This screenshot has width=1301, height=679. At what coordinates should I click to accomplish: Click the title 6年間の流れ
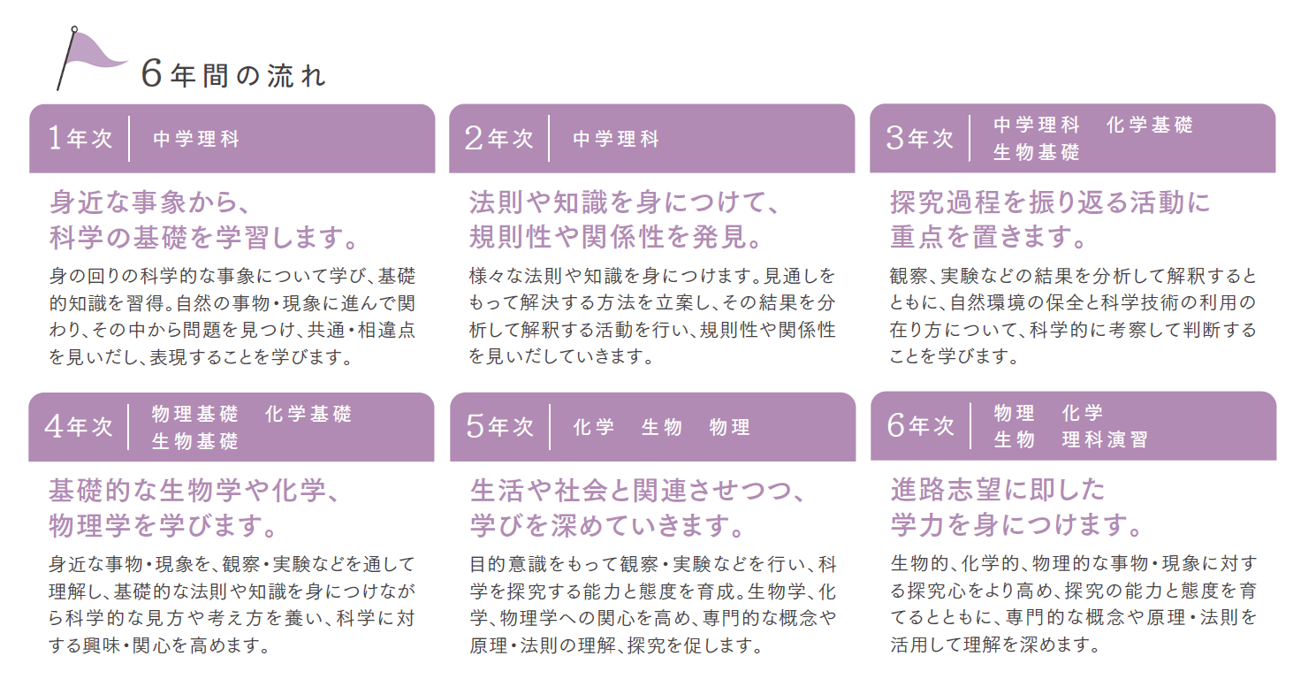233,75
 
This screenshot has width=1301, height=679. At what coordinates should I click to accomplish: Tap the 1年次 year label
80,138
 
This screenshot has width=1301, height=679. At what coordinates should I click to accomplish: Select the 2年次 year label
498,138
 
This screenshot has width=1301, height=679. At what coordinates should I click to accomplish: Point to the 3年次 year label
920,138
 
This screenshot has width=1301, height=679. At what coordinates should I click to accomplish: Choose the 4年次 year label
79,427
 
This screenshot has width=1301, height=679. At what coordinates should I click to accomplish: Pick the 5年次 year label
499,426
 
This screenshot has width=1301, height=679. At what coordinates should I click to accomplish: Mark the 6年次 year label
921,426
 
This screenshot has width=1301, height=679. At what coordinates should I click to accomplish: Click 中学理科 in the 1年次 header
196,139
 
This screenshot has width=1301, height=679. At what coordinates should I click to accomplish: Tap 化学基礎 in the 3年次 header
1149,125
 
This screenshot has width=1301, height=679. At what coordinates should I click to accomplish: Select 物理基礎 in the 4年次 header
195,414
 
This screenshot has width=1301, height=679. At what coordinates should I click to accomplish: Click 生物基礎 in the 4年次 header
195,441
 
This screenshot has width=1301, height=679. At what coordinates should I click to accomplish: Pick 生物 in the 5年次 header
661,428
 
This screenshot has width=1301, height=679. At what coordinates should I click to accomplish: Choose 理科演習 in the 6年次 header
1106,439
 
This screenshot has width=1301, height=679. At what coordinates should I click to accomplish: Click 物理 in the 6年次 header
1014,413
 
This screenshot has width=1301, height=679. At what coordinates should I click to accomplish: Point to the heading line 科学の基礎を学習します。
203,238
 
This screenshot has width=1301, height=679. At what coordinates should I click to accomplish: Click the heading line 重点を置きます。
988,237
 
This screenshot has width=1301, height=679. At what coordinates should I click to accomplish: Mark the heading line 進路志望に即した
997,490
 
